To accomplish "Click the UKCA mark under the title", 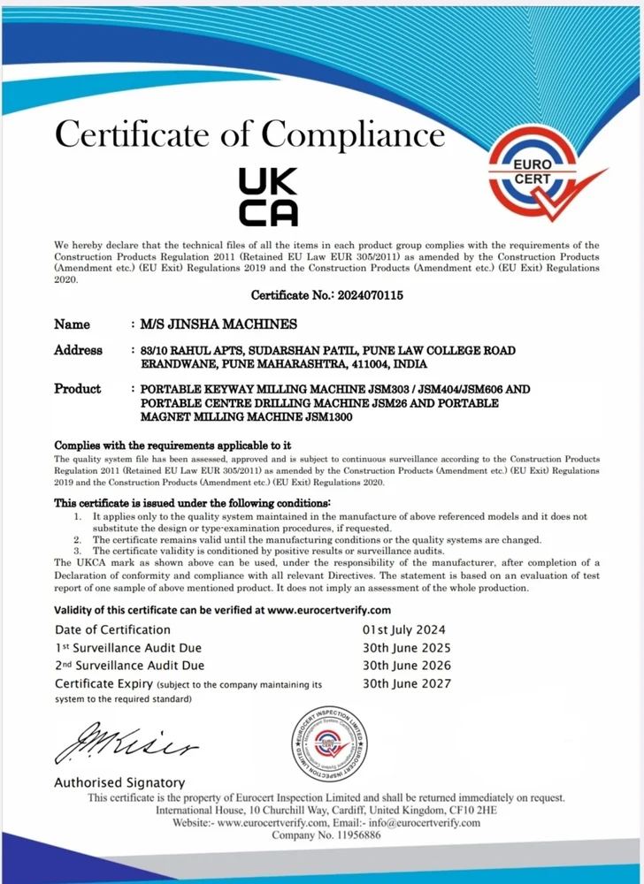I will tap(269, 196).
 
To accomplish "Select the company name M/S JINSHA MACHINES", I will tap(213, 324).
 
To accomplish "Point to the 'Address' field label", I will tap(78, 350).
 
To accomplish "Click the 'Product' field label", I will tap(78, 389).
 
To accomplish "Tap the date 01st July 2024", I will tap(405, 629).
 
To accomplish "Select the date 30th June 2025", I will tap(407, 648).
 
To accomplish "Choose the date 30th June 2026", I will tap(407, 666).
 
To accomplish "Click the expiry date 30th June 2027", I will tap(407, 683).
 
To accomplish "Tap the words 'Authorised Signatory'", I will tap(119, 782).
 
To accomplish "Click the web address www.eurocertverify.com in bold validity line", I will tap(328, 610).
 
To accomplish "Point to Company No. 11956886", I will tap(326, 835).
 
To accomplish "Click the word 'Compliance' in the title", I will tap(352, 134).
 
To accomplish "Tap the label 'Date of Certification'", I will tap(112, 629).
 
